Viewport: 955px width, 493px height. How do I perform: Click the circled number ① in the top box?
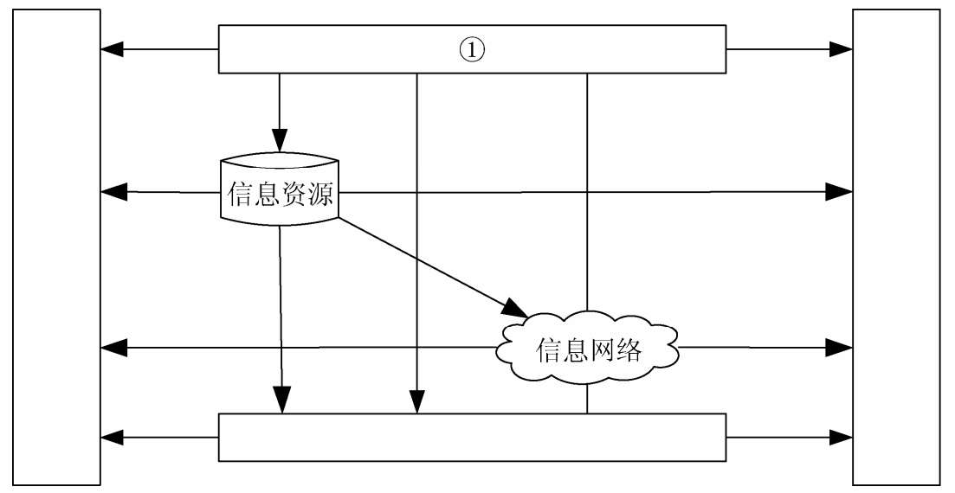click(471, 50)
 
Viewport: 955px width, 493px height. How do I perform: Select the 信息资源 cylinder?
click(280, 192)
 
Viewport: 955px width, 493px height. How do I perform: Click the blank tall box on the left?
click(57, 246)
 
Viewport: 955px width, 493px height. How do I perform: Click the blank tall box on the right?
click(896, 246)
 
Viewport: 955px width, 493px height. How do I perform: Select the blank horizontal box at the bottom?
click(471, 438)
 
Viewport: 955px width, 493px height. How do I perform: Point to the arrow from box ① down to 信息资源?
click(280, 112)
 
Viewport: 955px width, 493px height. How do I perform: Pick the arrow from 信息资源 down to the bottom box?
click(280, 320)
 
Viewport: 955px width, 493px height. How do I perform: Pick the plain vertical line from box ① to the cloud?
click(588, 190)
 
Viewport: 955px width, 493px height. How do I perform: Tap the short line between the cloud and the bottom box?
click(588, 400)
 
